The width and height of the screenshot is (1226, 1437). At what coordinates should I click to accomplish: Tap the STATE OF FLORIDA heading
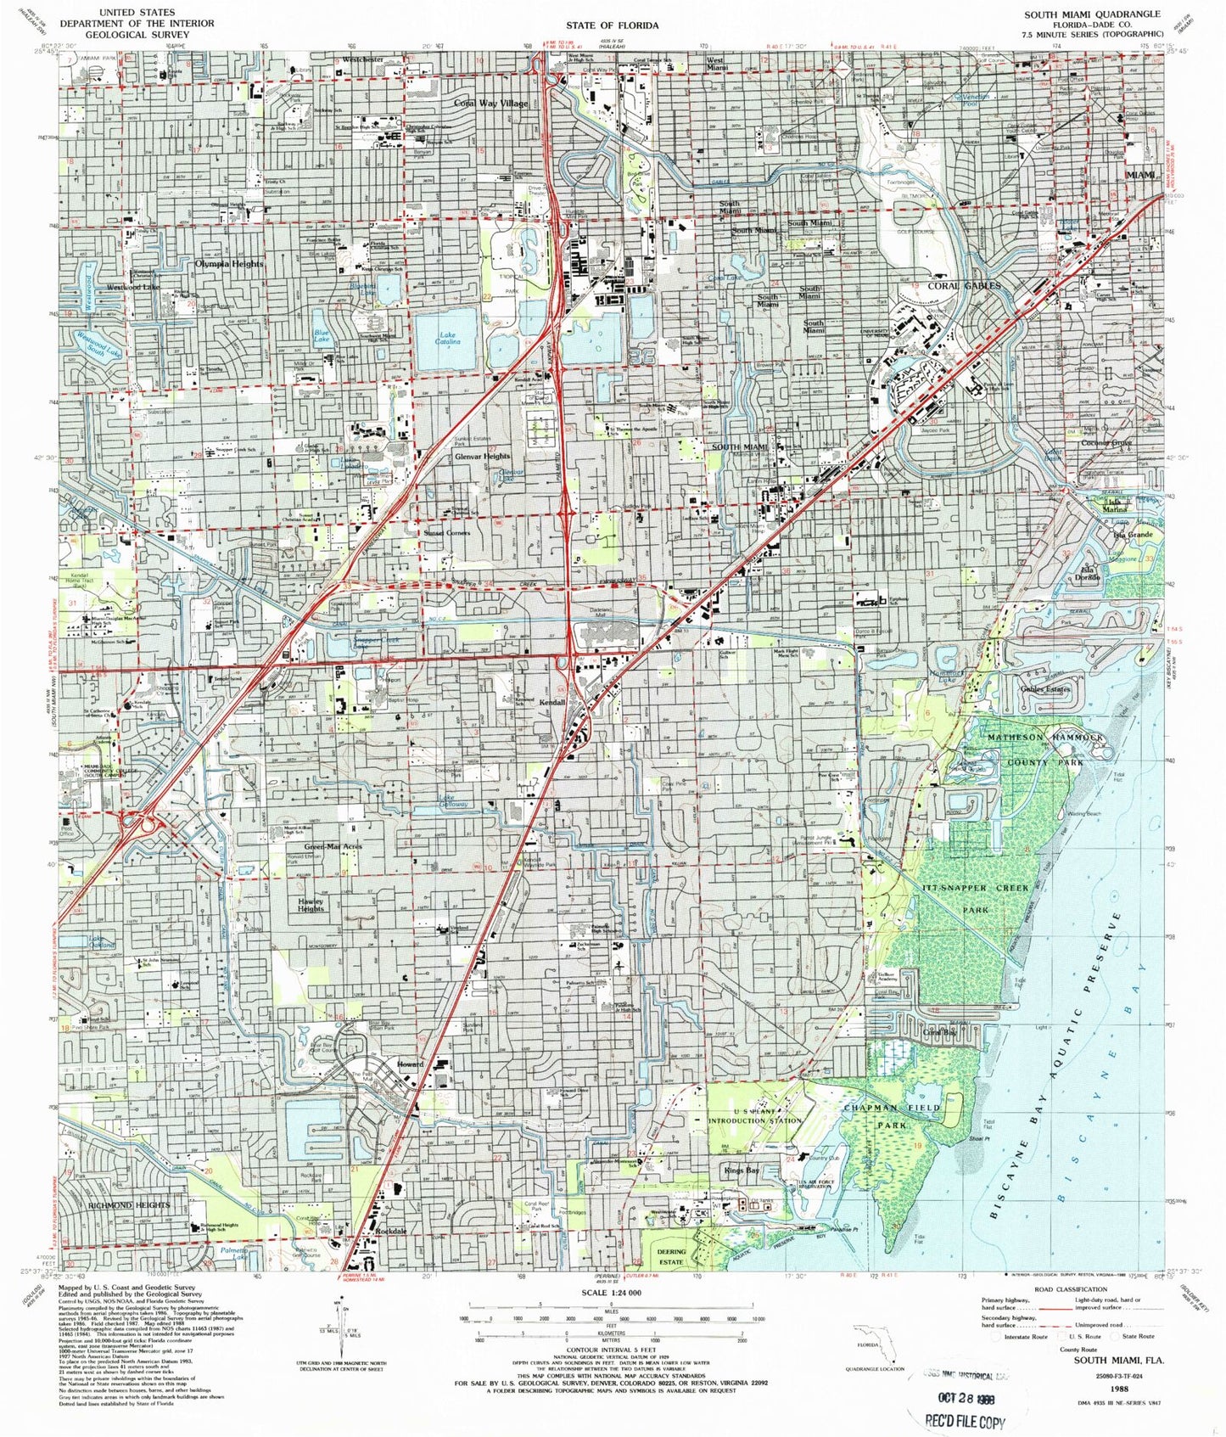click(x=613, y=25)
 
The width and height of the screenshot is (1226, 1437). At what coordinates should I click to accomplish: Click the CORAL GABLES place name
click(x=964, y=286)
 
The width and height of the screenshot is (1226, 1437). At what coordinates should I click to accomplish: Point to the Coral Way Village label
click(x=490, y=104)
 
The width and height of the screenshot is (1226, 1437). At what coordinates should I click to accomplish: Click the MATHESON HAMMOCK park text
click(x=1045, y=738)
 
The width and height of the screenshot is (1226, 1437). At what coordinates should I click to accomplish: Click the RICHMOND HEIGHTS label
click(x=129, y=1205)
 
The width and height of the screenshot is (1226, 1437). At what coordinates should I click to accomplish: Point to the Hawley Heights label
click(x=311, y=905)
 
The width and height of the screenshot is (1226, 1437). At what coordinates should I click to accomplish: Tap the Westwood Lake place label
click(x=133, y=288)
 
